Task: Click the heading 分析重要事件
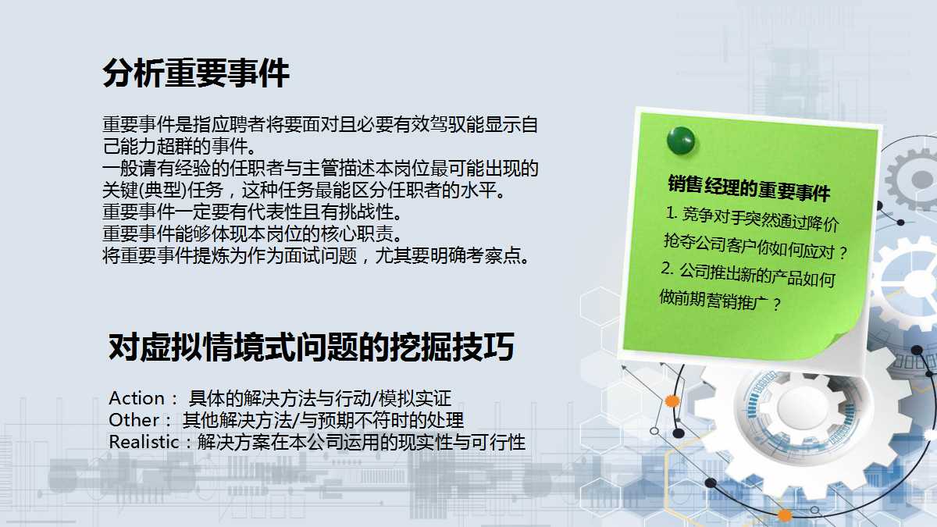[196, 74]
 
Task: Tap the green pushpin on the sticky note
[680, 141]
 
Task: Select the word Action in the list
[137, 398]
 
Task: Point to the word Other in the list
[134, 420]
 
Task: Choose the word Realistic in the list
[144, 442]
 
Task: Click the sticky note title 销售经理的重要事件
[748, 188]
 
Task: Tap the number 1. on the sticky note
[670, 212]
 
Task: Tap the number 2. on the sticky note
[667, 269]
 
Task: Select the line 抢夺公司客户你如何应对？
[754, 247]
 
